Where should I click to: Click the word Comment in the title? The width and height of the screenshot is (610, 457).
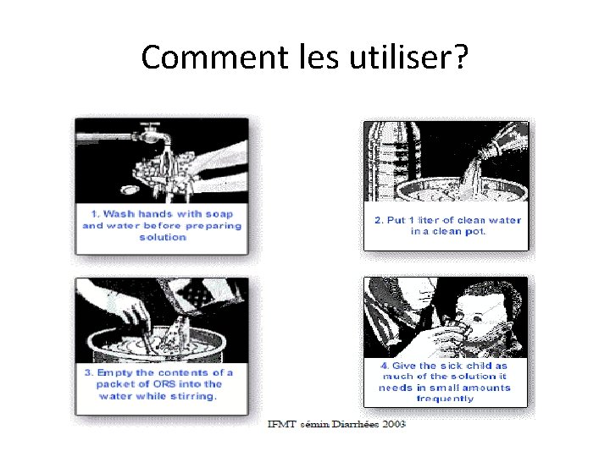point(214,57)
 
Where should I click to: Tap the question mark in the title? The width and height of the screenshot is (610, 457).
point(461,56)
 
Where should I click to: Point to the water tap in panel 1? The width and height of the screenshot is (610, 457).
point(152,134)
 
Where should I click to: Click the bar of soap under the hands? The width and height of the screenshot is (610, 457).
point(129,190)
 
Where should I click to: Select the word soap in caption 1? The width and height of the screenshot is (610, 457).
point(219,214)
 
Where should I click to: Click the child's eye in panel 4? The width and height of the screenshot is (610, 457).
point(475,320)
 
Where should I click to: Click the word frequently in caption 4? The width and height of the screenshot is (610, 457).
point(445,399)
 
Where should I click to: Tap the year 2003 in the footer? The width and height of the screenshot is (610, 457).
point(394,424)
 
